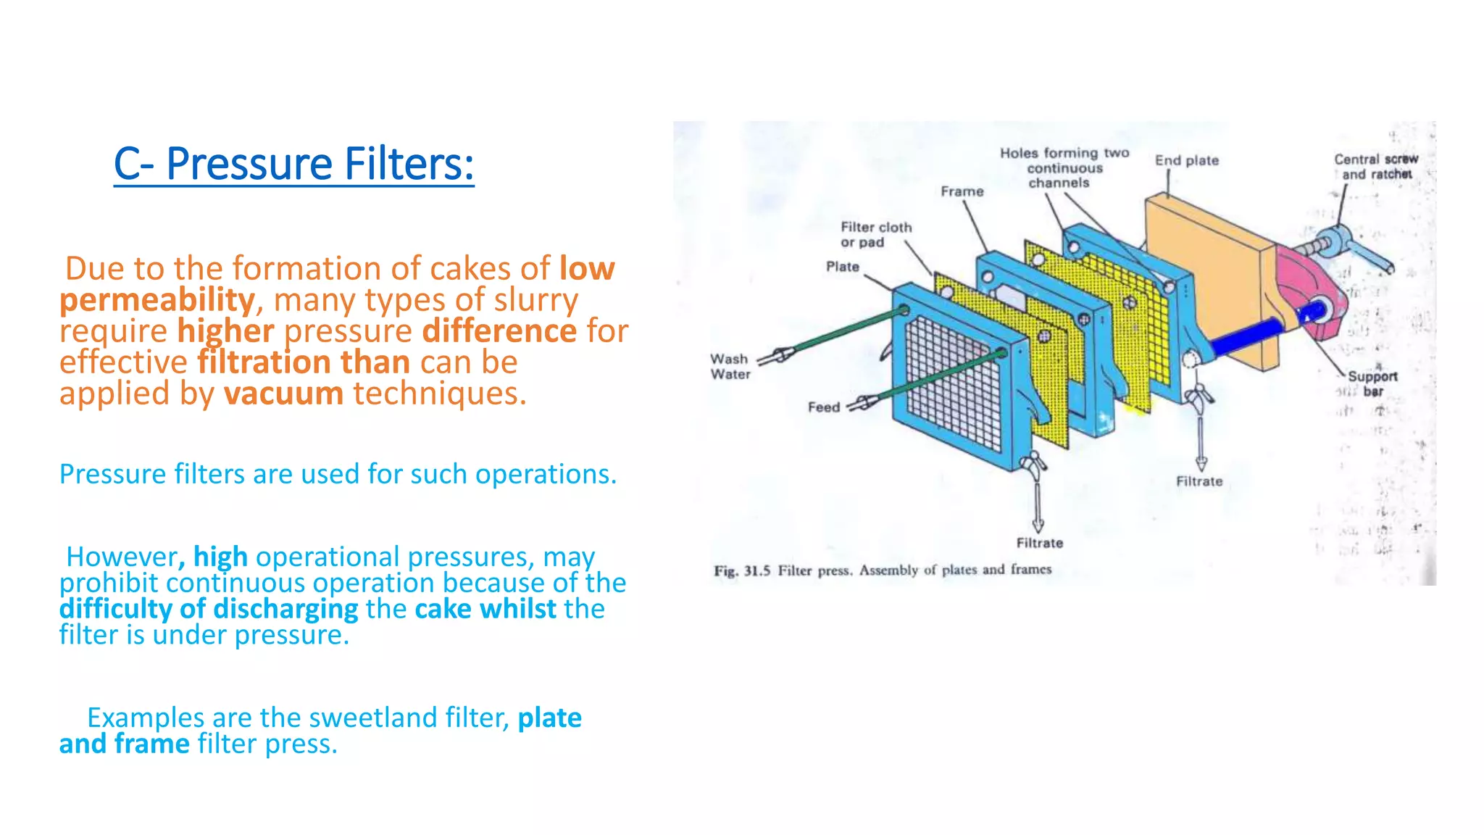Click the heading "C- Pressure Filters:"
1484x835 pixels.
294,164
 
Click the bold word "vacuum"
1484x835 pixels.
283,394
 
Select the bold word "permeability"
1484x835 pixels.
157,300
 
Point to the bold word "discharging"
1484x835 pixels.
285,610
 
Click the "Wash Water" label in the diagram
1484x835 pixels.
730,367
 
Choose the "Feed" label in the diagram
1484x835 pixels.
824,407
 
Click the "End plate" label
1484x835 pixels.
1187,160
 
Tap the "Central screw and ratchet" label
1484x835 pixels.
1376,167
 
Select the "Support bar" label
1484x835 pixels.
1372,383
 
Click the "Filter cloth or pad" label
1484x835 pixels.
876,235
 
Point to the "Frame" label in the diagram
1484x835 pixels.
962,191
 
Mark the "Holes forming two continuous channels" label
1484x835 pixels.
1064,168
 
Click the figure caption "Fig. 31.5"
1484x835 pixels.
742,570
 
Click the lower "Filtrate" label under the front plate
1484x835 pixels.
1040,543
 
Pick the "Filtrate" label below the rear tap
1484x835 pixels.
1199,481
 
